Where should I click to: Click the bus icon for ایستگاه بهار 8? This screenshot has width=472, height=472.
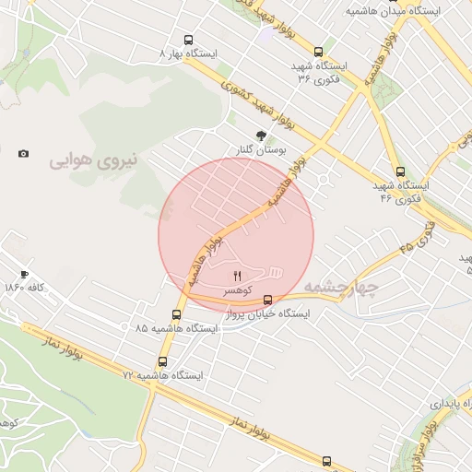[x=189, y=41]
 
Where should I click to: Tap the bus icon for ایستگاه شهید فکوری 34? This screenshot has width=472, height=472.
[x=319, y=52]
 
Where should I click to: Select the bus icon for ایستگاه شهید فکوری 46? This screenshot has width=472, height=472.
[x=400, y=171]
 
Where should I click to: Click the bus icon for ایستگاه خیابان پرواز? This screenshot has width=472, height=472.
[x=268, y=300]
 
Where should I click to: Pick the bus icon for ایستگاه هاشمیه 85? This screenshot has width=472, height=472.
[x=176, y=314]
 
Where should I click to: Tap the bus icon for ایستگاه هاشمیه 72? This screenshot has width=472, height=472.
[x=163, y=361]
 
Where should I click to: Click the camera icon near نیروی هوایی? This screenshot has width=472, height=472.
[x=23, y=153]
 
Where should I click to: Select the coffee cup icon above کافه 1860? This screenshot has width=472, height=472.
[x=25, y=274]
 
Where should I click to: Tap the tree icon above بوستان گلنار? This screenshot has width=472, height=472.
[x=261, y=135]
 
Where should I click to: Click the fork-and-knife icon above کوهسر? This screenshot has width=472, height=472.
[x=237, y=276]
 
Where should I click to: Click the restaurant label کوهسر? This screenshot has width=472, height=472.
[x=236, y=289]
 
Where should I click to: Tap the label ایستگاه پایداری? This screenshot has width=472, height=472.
[x=451, y=404]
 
